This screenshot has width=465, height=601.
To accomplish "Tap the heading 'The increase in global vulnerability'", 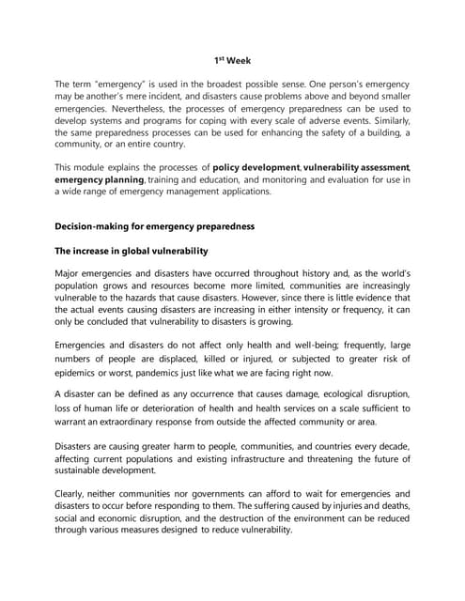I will coord(132,252).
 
